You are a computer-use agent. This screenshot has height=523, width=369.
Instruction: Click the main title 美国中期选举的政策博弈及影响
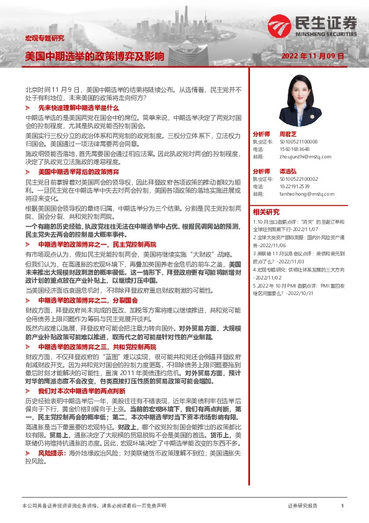click(x=94, y=56)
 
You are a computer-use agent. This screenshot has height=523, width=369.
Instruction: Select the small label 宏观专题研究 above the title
click(x=44, y=39)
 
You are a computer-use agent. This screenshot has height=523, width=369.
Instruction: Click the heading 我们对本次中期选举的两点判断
click(x=82, y=392)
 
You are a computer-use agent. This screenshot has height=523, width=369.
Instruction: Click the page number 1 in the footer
click(x=342, y=506)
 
